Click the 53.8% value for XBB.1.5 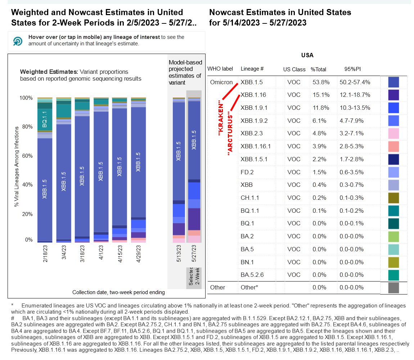tap(318, 82)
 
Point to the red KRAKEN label tap(221, 118)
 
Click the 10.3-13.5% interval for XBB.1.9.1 tap(355, 108)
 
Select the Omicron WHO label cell tap(222, 82)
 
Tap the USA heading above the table tap(307, 56)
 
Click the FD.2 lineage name tap(247, 172)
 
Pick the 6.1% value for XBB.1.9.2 tap(316, 121)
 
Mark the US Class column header tap(294, 69)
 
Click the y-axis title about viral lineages tap(17, 169)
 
